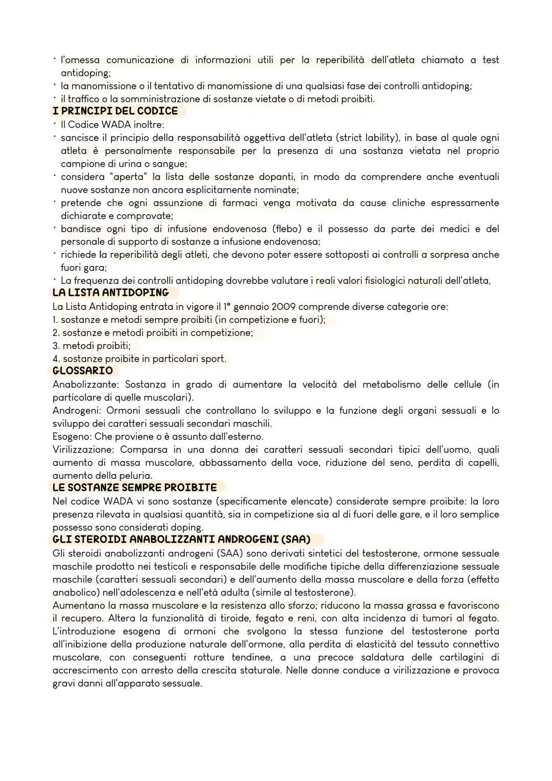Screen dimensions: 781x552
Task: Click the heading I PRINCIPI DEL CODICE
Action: point(115,111)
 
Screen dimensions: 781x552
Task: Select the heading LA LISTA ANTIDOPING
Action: point(110,293)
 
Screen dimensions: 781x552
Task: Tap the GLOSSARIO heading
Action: point(83,371)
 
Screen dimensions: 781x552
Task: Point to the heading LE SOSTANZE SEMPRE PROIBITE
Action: point(134,487)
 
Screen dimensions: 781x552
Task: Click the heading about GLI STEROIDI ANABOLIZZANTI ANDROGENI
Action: point(181,540)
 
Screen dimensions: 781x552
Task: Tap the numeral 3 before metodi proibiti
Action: point(55,346)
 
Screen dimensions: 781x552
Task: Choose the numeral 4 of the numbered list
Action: point(55,359)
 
